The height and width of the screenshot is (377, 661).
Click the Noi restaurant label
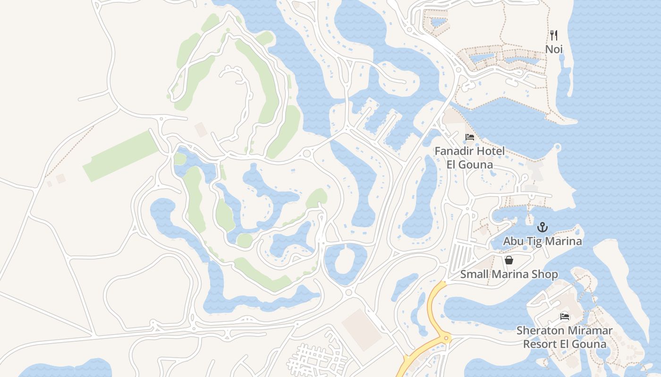pos(554,49)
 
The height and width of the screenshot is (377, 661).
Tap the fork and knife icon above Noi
pos(554,35)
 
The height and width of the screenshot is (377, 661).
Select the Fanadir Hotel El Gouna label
pos(469,157)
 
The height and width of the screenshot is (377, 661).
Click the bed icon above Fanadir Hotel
pos(470,137)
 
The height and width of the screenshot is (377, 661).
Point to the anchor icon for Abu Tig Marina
pos(542,228)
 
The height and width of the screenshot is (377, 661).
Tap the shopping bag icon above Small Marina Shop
pos(509,260)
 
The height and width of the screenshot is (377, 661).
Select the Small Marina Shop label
pos(509,274)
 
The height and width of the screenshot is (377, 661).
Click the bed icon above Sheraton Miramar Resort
pos(565,316)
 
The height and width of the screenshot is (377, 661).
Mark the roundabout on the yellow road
pos(445,338)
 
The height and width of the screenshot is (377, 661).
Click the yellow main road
pos(432,306)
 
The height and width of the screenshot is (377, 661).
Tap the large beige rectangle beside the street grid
pos(361,329)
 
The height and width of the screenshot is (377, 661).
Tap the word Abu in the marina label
pos(512,241)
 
